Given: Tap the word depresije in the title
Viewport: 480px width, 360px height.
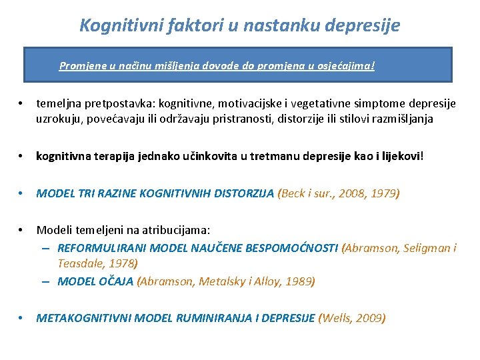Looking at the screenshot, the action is point(362,25).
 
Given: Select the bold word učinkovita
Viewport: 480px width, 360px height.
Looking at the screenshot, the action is point(210,156).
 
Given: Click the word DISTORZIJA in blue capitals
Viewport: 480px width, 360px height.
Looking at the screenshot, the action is point(244,193).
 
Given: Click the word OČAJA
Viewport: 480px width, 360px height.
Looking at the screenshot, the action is point(115,281).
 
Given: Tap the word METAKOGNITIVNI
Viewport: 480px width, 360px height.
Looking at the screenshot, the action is point(83,318).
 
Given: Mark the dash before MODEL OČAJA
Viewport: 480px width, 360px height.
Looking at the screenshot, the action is point(46,281).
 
